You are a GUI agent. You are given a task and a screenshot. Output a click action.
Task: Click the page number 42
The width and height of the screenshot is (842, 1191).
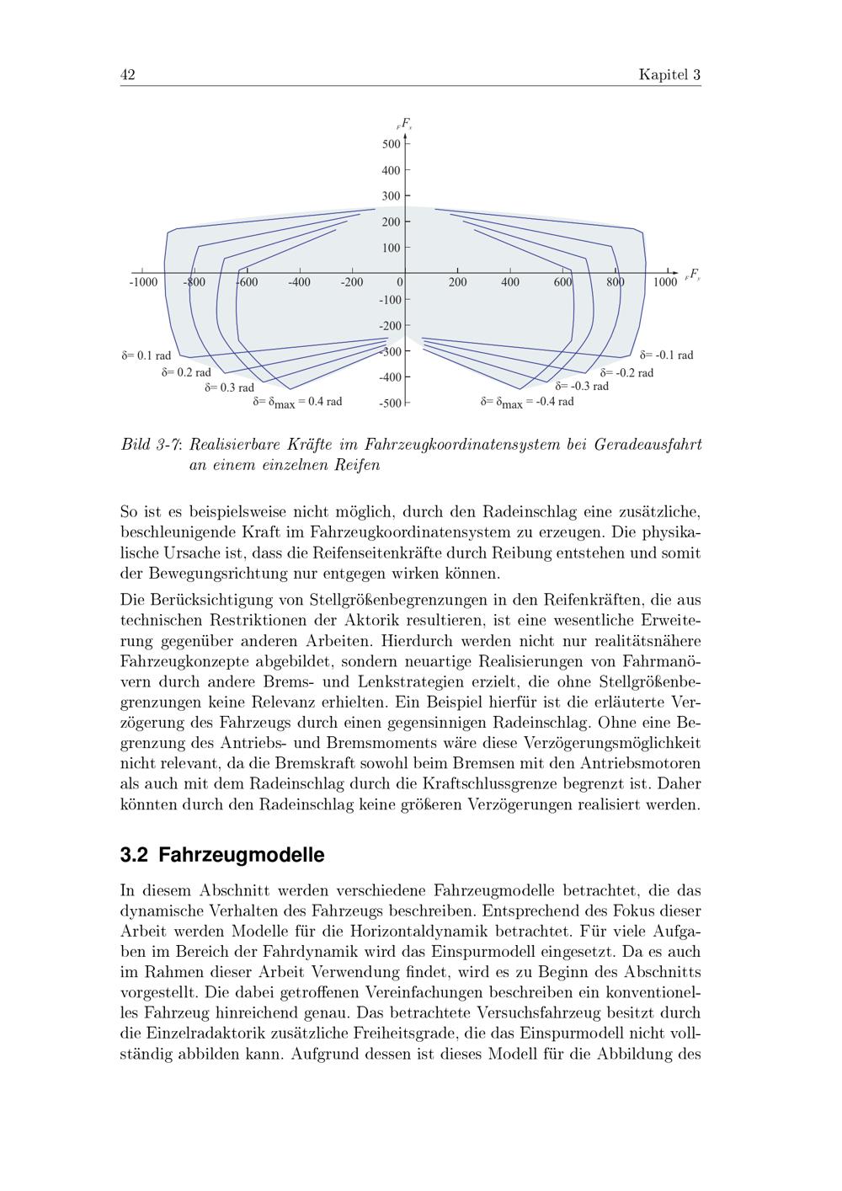(x=128, y=75)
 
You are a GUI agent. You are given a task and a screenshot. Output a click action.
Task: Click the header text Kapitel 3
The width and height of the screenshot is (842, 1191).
(x=669, y=75)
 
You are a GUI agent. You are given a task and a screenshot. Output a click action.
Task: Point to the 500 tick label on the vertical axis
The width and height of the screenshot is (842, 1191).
(x=391, y=144)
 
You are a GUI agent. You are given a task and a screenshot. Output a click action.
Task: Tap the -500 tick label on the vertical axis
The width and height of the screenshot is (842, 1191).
(x=390, y=403)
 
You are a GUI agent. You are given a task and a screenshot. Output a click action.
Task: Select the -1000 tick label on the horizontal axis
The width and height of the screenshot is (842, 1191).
(x=143, y=282)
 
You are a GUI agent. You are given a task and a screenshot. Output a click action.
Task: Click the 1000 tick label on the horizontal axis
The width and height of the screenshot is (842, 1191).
(x=665, y=282)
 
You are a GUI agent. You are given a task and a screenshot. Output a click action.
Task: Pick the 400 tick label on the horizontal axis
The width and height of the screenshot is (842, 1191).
(x=509, y=282)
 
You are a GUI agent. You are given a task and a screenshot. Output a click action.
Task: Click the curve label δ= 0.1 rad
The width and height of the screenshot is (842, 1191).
(x=147, y=355)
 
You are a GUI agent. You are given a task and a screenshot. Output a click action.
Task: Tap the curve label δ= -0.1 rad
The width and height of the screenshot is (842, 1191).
(x=667, y=355)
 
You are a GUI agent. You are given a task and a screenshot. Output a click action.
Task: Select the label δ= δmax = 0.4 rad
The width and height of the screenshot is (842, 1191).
(x=297, y=402)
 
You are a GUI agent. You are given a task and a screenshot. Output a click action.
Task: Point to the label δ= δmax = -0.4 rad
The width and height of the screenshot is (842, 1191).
(x=527, y=402)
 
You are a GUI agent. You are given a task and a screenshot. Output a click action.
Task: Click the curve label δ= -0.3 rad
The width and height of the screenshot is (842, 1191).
(x=582, y=386)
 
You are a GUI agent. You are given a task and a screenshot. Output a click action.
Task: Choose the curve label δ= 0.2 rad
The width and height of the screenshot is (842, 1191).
(x=186, y=371)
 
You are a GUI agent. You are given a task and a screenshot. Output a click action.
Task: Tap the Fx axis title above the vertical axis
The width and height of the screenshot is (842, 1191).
(x=405, y=124)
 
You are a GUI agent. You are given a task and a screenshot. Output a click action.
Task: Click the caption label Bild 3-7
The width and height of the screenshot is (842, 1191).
(x=152, y=444)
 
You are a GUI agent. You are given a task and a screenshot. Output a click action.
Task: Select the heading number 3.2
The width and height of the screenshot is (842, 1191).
(x=135, y=855)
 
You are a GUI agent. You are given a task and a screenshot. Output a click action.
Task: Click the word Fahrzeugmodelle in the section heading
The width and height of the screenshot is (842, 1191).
(x=241, y=855)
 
